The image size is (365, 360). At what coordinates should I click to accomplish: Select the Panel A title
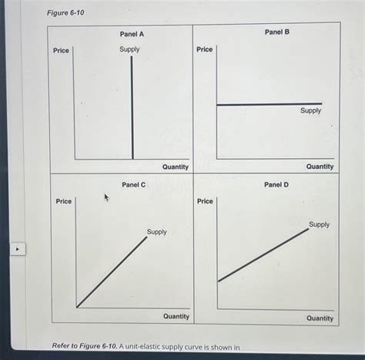(132, 34)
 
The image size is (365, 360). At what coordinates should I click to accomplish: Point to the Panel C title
(133, 185)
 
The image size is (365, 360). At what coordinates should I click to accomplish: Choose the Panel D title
(277, 185)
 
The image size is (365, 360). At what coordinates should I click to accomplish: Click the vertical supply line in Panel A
(132, 108)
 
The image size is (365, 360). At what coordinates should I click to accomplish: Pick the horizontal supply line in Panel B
(270, 104)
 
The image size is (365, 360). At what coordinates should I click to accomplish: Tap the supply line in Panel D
(263, 254)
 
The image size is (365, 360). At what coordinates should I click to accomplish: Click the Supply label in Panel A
(129, 49)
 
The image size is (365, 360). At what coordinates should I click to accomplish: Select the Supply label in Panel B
(311, 111)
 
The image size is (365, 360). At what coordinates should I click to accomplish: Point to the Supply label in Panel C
(156, 231)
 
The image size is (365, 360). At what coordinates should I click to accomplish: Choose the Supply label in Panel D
(319, 224)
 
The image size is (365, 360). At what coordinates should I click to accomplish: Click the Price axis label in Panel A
(61, 51)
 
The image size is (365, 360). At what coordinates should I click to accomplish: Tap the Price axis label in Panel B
(205, 49)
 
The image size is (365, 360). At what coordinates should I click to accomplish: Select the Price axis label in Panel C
(63, 201)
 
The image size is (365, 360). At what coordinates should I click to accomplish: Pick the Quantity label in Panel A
(176, 167)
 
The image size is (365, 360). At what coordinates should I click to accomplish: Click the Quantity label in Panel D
(320, 318)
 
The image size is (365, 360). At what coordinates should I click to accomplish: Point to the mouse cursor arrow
(107, 198)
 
